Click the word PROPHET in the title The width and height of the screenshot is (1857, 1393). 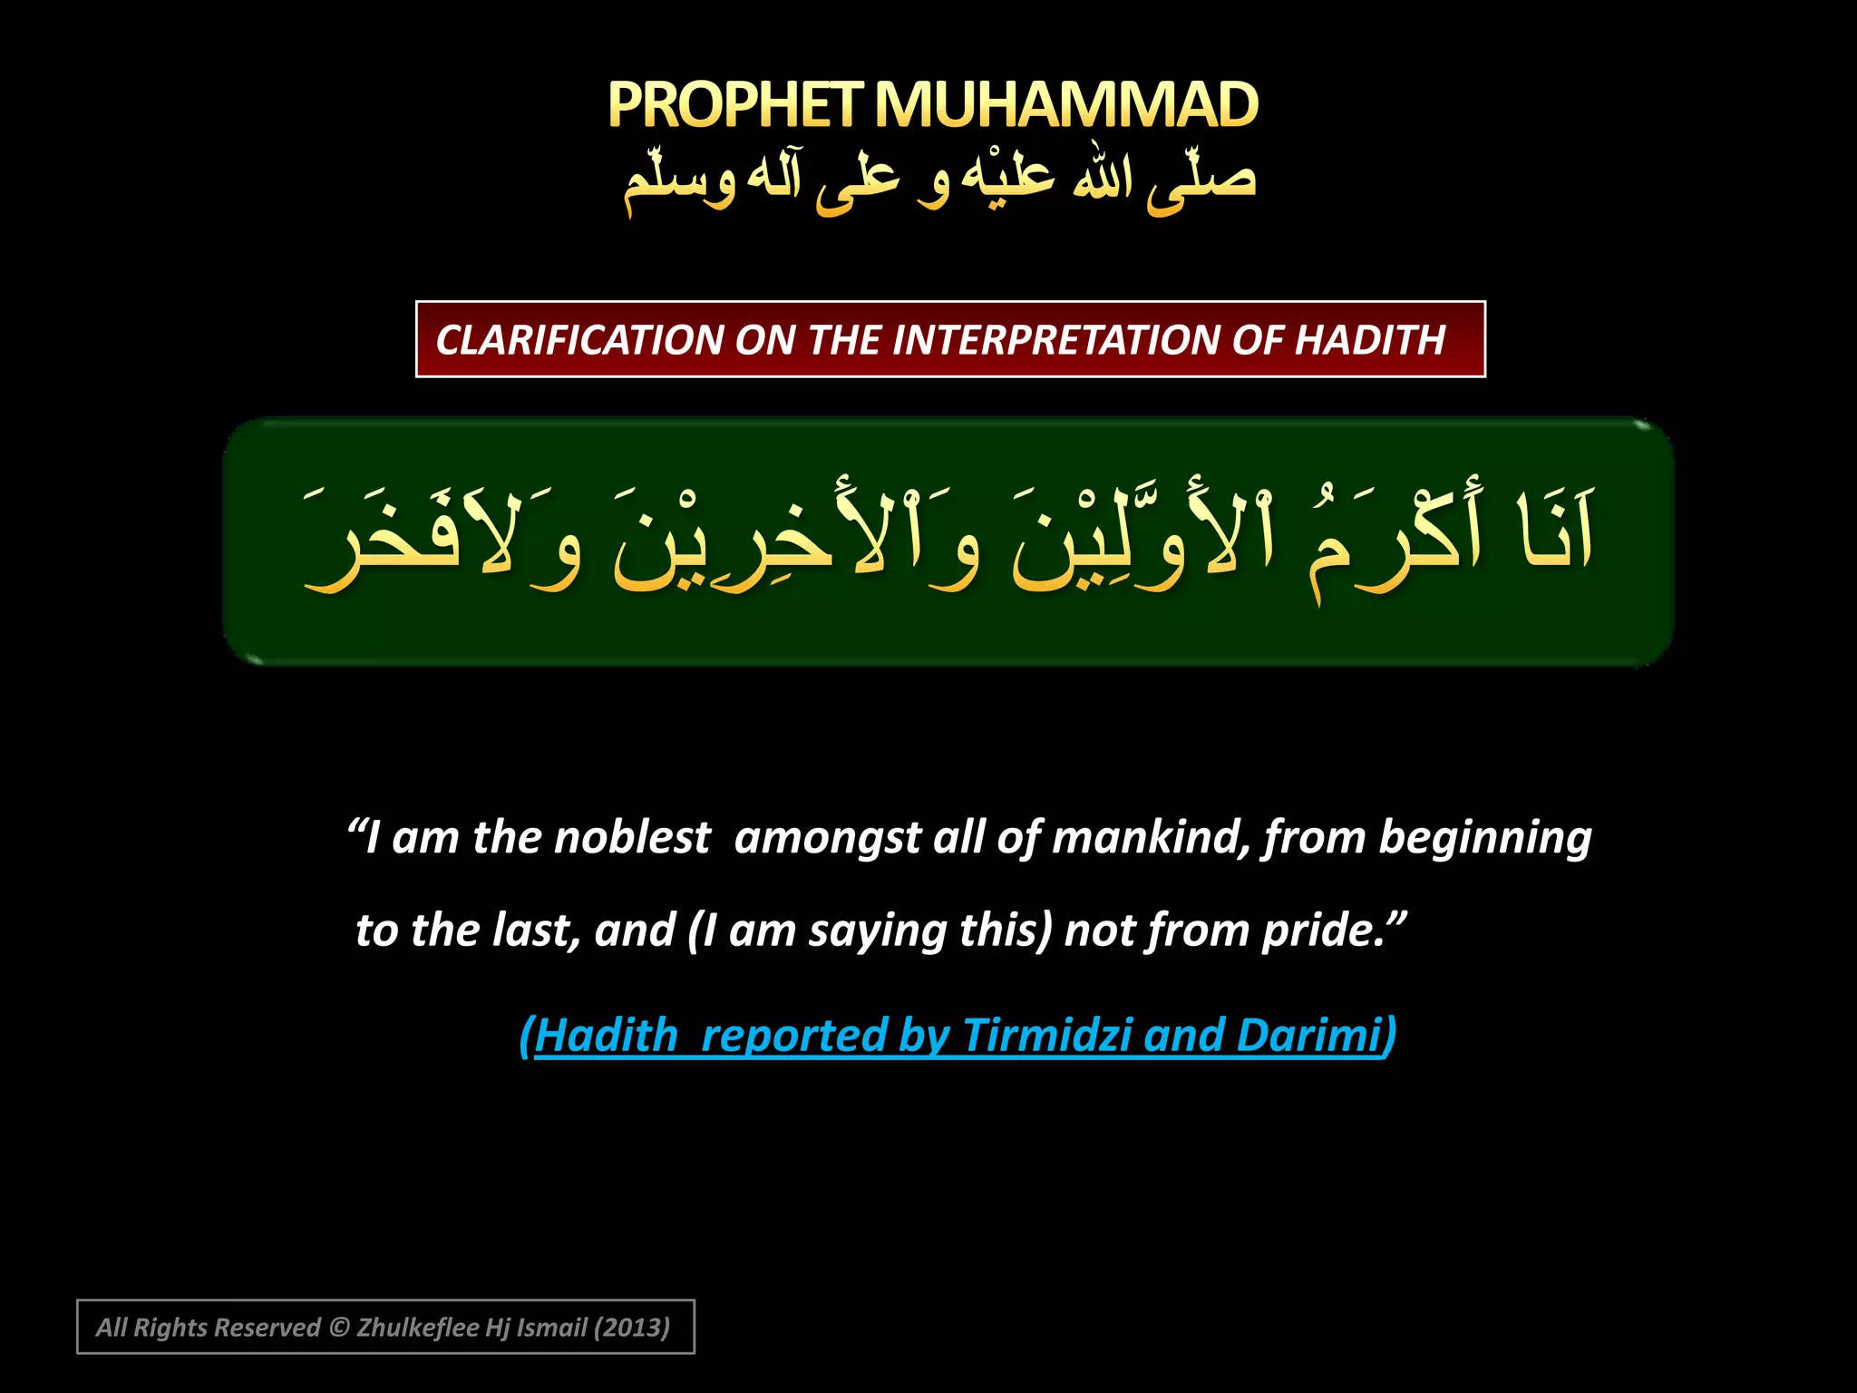point(733,105)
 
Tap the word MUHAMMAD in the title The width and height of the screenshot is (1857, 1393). point(1066,105)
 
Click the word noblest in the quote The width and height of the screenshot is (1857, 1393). point(632,837)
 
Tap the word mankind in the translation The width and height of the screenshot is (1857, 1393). point(1151,837)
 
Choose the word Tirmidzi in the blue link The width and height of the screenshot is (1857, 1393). point(1046,1035)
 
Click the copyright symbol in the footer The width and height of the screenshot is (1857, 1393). point(339,1328)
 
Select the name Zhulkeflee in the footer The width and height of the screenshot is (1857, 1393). point(417,1328)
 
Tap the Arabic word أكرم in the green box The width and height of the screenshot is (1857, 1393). point(1396,540)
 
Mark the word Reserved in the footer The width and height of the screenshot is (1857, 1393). point(272,1328)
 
